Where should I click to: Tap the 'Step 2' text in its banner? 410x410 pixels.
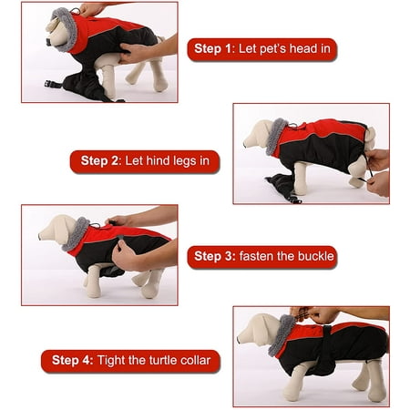click(x=99, y=160)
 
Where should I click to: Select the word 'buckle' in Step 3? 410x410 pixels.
click(x=316, y=256)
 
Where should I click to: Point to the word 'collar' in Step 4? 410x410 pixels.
click(x=195, y=360)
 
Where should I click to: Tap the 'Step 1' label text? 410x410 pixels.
click(x=213, y=48)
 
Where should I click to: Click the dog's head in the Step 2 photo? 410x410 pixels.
click(x=258, y=135)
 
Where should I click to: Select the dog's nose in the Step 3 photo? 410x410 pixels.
click(x=40, y=236)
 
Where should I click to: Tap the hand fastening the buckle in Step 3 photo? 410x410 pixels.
click(x=128, y=254)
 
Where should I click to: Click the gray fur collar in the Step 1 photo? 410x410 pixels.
click(x=65, y=29)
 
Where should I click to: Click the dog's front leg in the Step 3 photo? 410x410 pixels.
click(x=93, y=281)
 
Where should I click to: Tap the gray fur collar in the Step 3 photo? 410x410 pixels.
click(x=76, y=234)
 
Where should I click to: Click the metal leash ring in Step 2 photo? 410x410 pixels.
click(x=293, y=126)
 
